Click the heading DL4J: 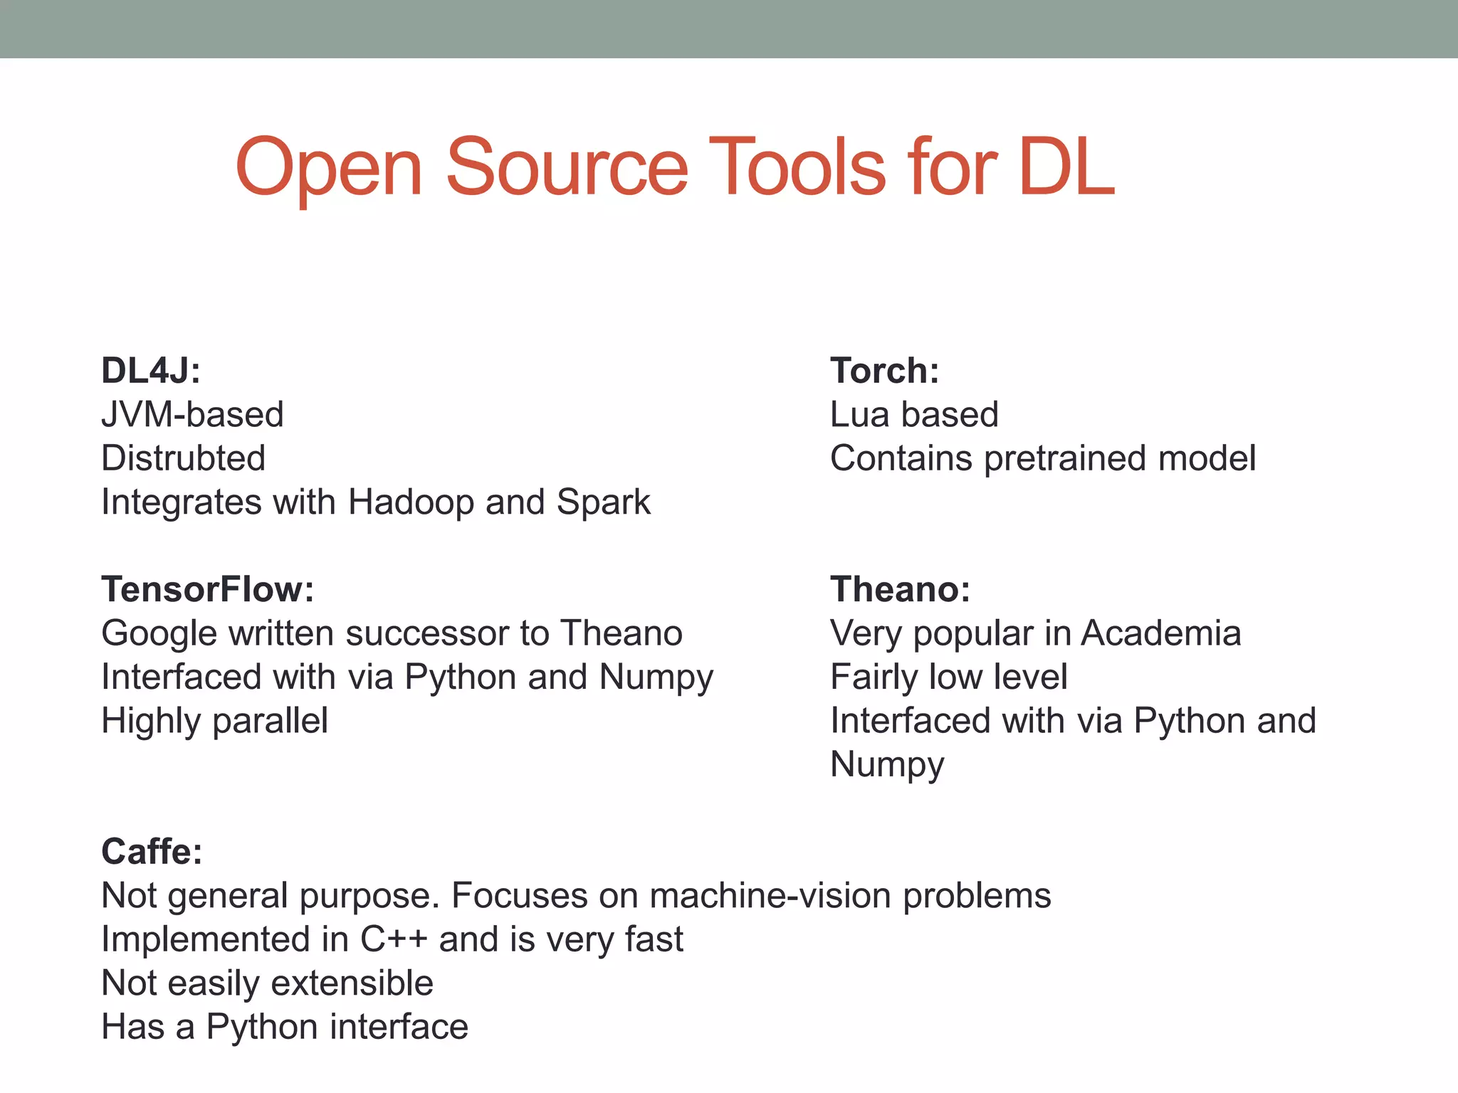(x=151, y=371)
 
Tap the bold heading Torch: (x=884, y=371)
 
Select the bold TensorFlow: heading (x=207, y=589)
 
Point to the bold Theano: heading (x=900, y=589)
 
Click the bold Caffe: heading (x=152, y=851)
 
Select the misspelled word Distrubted (x=183, y=458)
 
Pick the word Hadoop (x=411, y=502)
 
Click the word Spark (x=603, y=502)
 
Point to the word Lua (x=859, y=415)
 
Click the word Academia (x=1160, y=633)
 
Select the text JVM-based (x=192, y=415)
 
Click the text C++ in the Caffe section (x=394, y=939)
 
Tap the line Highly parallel (x=214, y=721)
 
